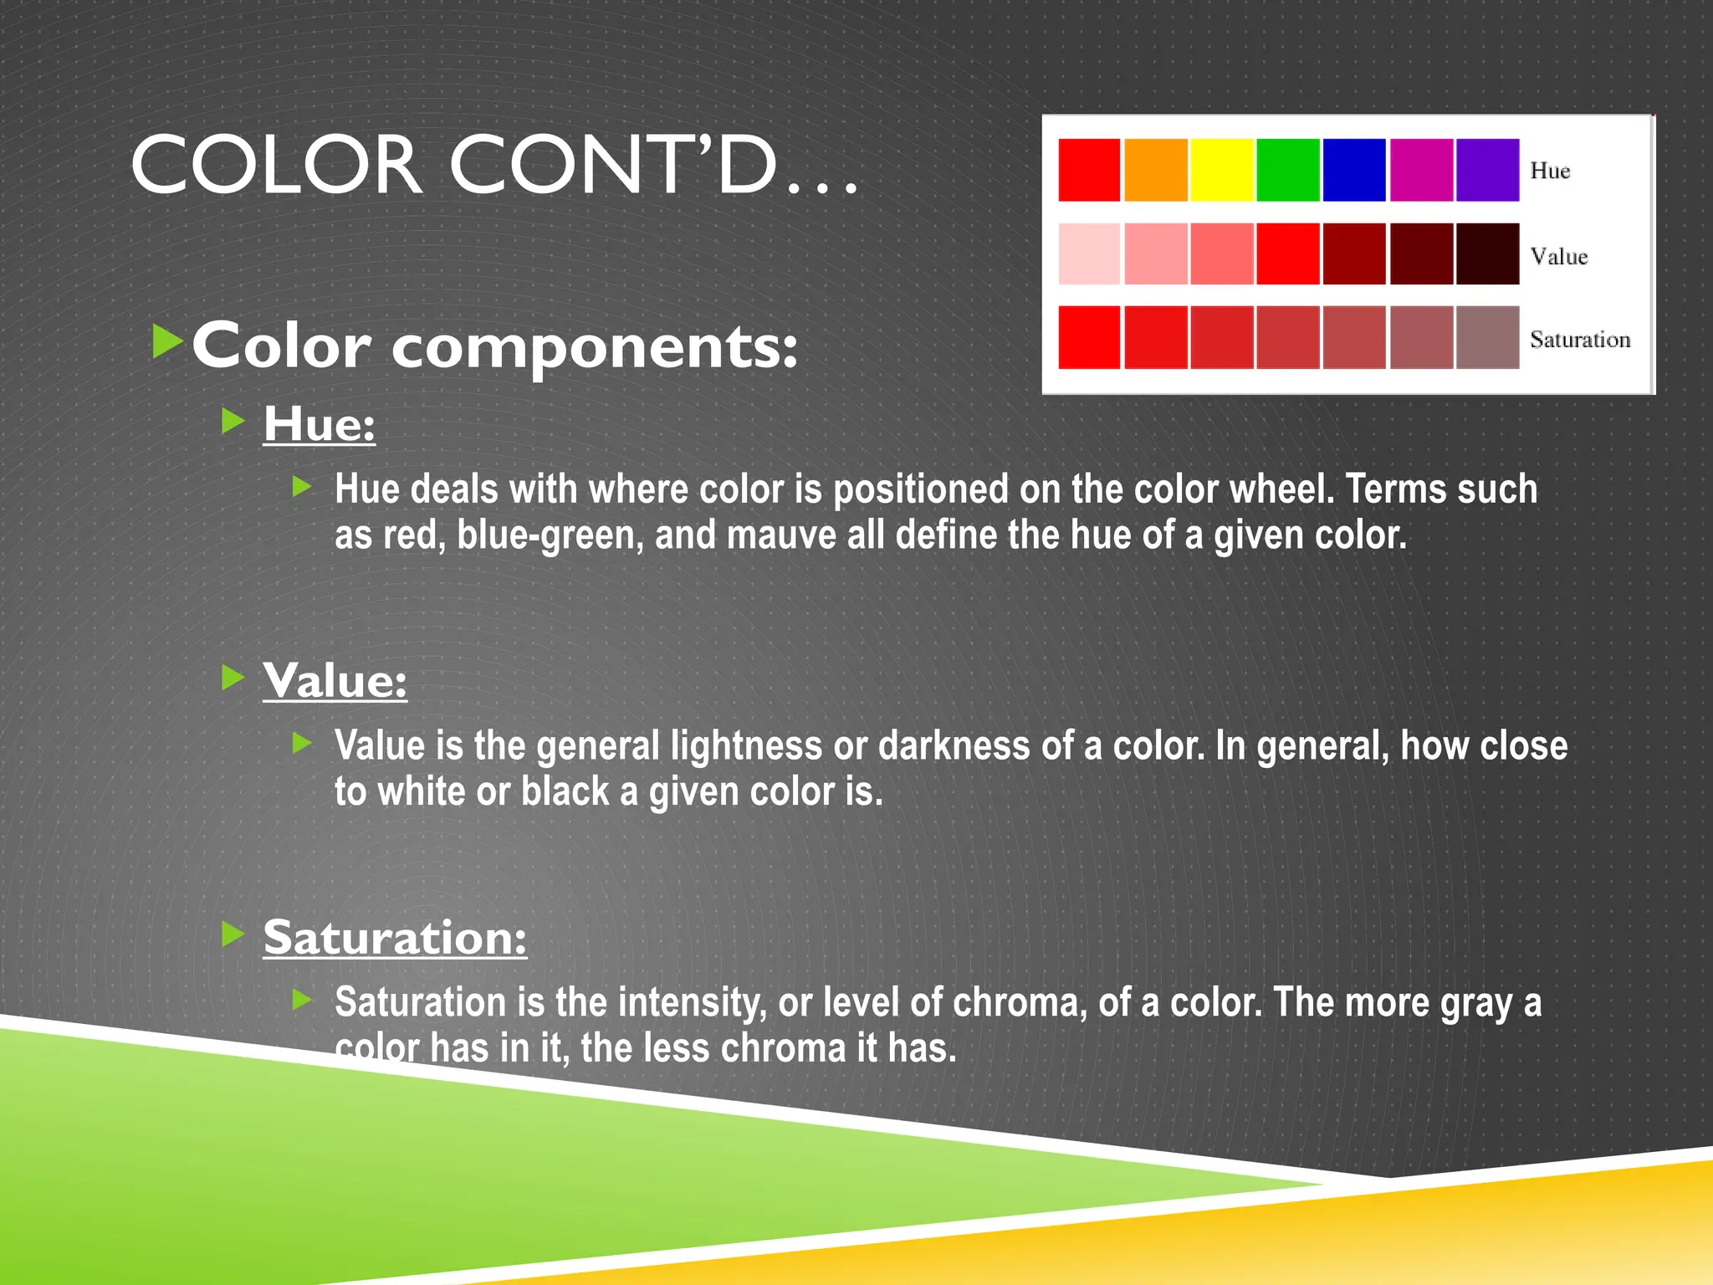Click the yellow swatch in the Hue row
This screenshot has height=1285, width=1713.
1221,170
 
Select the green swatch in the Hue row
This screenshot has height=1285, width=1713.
1288,170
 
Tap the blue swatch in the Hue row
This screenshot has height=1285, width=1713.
1354,170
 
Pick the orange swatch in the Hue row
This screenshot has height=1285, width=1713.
1155,170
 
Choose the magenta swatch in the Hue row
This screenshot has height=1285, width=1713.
1420,170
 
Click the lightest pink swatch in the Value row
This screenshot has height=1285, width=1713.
1089,253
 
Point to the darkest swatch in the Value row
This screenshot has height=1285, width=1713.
1487,253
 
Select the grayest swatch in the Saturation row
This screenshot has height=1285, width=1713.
1487,337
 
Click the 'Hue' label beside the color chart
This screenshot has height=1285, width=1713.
1550,171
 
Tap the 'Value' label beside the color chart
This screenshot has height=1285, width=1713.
1558,256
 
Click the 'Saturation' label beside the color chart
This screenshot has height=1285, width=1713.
1580,340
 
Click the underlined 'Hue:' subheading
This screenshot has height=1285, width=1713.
319,424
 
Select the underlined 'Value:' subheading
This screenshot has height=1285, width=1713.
335,680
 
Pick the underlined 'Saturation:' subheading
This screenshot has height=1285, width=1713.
395,937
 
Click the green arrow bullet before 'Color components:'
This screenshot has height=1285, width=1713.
167,342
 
